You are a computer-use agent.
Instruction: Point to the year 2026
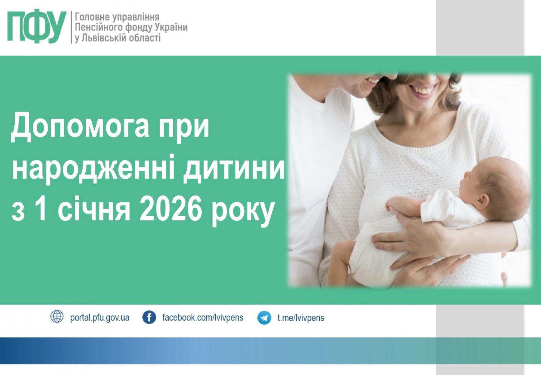click(171, 208)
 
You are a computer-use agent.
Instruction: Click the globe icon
click(57, 316)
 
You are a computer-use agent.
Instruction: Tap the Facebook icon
click(149, 317)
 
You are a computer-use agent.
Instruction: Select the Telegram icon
click(264, 318)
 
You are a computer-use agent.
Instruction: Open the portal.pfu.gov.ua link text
click(100, 318)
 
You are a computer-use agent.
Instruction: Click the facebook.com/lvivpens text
click(202, 317)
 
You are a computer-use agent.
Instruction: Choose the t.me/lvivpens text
click(301, 318)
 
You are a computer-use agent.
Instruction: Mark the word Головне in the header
click(92, 17)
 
